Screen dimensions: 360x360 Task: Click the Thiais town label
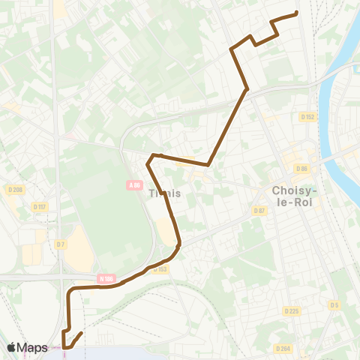point(165,193)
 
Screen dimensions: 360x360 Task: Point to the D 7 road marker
point(60,244)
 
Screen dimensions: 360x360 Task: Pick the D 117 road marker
point(40,206)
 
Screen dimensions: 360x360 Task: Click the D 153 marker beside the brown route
point(160,268)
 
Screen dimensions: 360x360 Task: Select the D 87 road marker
point(259,211)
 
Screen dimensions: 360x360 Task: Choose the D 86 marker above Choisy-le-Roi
point(302,169)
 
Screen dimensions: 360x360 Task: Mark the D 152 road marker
point(307,117)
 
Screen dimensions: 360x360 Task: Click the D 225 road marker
point(292,310)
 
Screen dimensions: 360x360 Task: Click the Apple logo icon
point(12,347)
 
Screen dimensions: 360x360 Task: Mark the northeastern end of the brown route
point(297,13)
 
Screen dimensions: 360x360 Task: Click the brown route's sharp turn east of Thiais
point(207,164)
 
